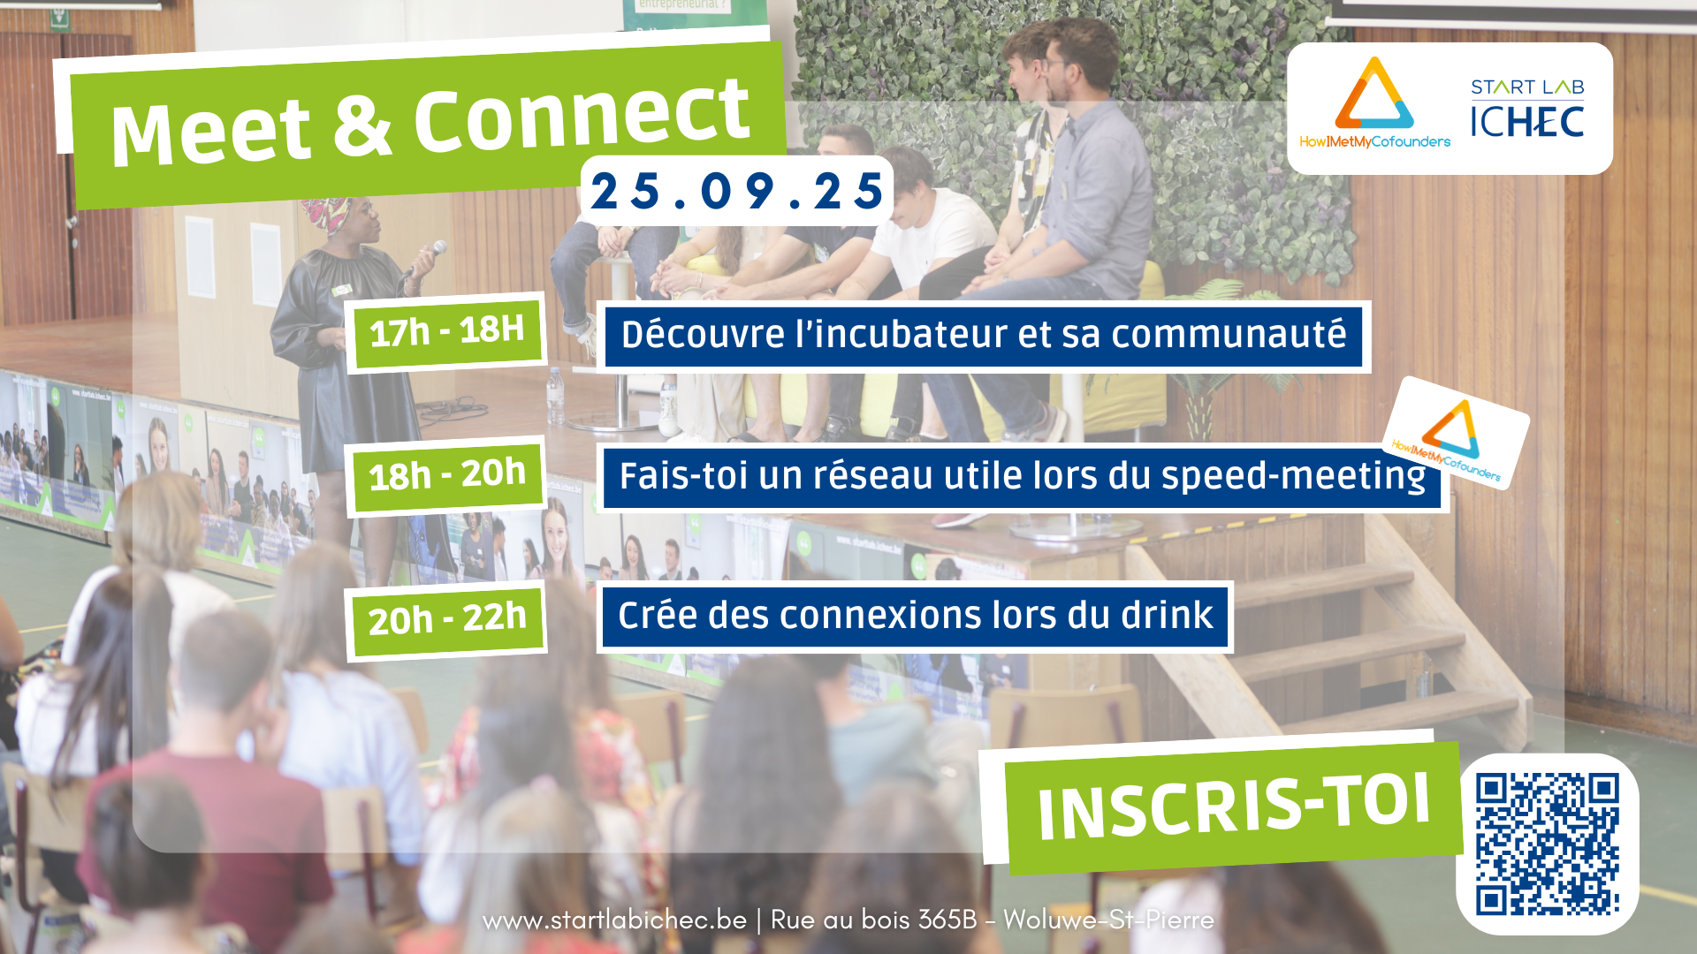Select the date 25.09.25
(x=736, y=191)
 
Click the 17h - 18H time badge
(x=446, y=332)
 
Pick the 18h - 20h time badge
(x=446, y=476)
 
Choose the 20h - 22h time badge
(x=446, y=620)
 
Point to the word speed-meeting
(x=1293, y=477)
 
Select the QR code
(x=1548, y=844)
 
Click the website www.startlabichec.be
(x=615, y=920)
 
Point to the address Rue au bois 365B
(x=873, y=920)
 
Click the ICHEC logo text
(x=1527, y=122)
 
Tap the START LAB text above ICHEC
(x=1527, y=87)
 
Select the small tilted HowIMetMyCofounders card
(x=1456, y=434)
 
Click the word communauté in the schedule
(x=1229, y=335)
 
